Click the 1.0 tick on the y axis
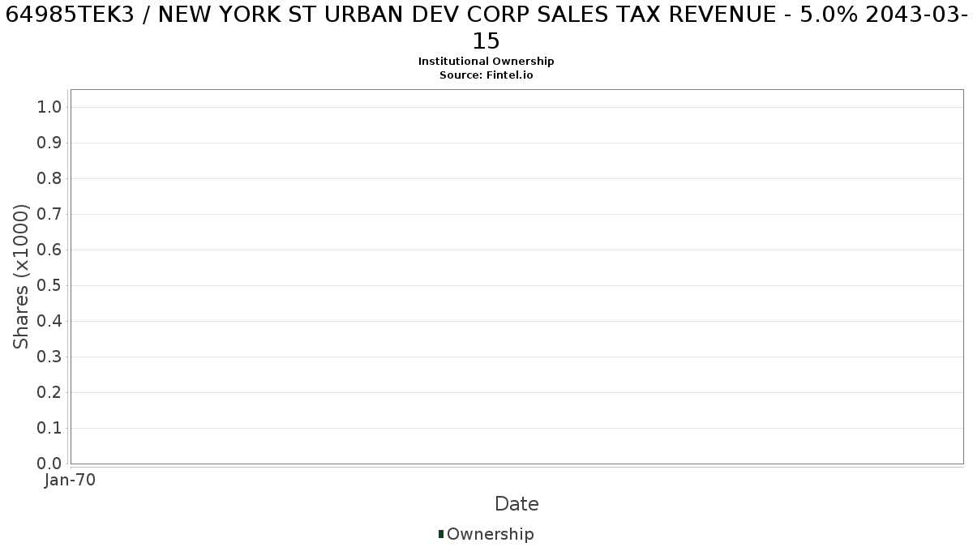tap(49, 107)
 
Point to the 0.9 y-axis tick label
tap(49, 143)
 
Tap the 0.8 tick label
tap(49, 178)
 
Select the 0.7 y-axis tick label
tap(49, 214)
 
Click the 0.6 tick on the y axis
tap(49, 250)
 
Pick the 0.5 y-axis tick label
tap(49, 285)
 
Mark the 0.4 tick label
tap(49, 321)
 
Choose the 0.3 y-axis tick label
tap(49, 357)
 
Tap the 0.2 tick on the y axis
tap(49, 392)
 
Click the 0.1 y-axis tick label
tap(49, 428)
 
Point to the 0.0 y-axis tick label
tap(49, 464)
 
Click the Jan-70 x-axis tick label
tap(70, 480)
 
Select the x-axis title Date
tap(517, 504)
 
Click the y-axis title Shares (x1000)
tap(20, 276)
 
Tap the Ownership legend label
tap(491, 534)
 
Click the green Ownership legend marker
tap(441, 534)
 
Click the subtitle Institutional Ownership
tap(486, 62)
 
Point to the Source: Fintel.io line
tap(486, 75)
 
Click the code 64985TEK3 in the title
tap(70, 15)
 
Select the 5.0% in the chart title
tap(829, 15)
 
